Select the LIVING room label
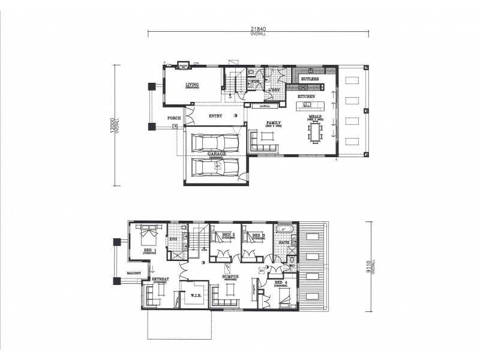click(192, 85)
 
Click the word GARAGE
click(217, 154)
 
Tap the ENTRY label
click(216, 115)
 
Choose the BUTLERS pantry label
click(310, 79)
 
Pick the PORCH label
click(174, 118)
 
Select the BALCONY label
click(134, 274)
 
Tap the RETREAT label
click(160, 280)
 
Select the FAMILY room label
click(274, 122)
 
